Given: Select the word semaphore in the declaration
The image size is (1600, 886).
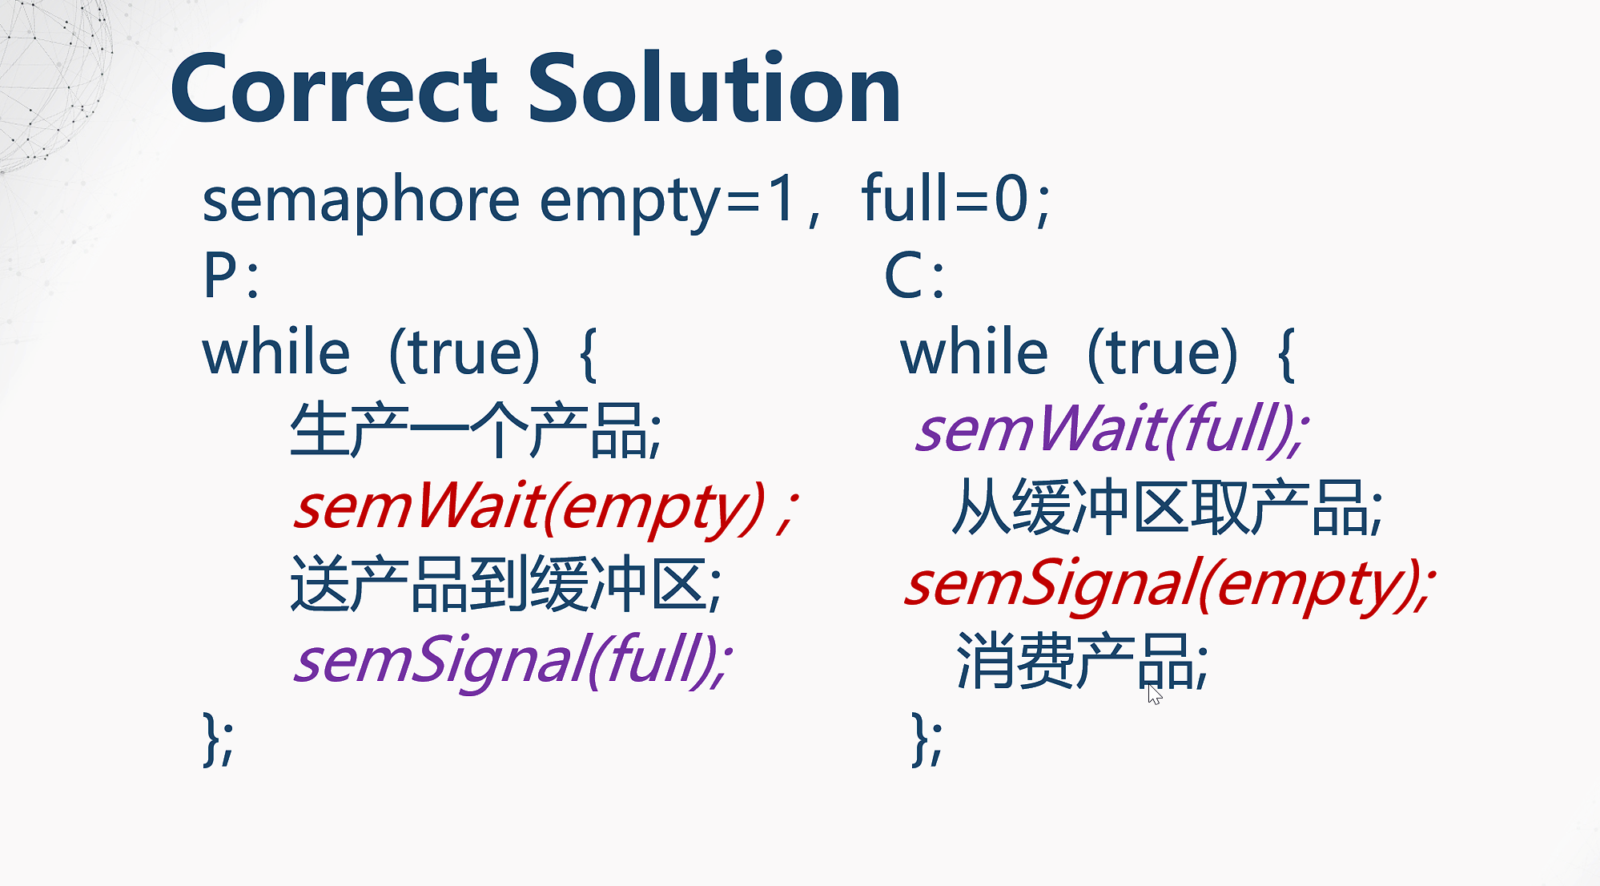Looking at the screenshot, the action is [x=360, y=200].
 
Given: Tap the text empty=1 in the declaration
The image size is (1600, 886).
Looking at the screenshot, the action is [x=669, y=200].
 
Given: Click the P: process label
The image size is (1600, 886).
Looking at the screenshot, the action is [x=231, y=276].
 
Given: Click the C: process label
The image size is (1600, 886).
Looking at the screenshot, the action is [x=914, y=276].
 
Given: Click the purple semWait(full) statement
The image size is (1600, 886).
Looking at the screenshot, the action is [x=1112, y=430].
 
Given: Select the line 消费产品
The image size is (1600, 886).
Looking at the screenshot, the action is [x=1082, y=662].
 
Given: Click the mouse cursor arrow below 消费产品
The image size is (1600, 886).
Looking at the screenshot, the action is [x=1153, y=694].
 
